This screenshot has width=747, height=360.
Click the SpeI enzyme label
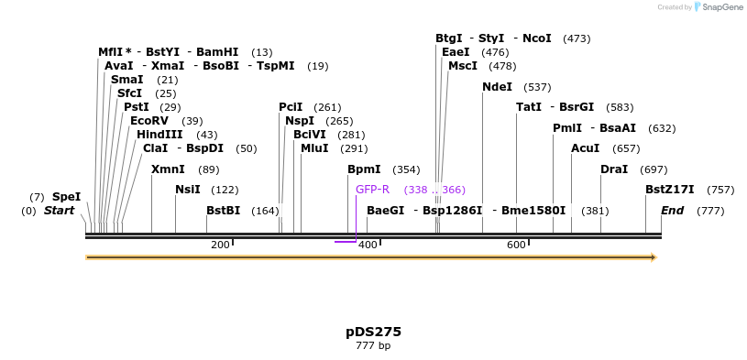(x=66, y=196)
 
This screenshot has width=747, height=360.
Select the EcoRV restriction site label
(x=149, y=120)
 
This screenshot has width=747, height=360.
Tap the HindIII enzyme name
(x=159, y=134)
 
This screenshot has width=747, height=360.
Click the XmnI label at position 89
(x=168, y=169)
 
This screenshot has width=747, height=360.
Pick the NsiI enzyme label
(x=187, y=190)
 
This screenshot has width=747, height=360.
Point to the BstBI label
(x=223, y=210)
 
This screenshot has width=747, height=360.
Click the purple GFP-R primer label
(x=372, y=190)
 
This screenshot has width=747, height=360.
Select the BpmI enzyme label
(x=364, y=169)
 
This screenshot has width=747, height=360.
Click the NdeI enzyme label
(x=497, y=87)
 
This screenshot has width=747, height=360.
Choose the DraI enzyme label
(x=614, y=169)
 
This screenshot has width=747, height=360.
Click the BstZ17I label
(x=669, y=190)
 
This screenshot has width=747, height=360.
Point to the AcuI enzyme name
(x=585, y=147)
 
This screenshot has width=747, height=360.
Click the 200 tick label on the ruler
(x=220, y=245)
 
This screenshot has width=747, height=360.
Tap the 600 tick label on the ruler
(x=516, y=245)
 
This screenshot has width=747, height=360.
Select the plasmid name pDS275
(x=373, y=332)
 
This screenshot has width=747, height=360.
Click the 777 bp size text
(x=373, y=346)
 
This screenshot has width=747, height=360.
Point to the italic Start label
(x=59, y=211)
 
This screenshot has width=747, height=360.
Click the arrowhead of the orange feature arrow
(x=654, y=257)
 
